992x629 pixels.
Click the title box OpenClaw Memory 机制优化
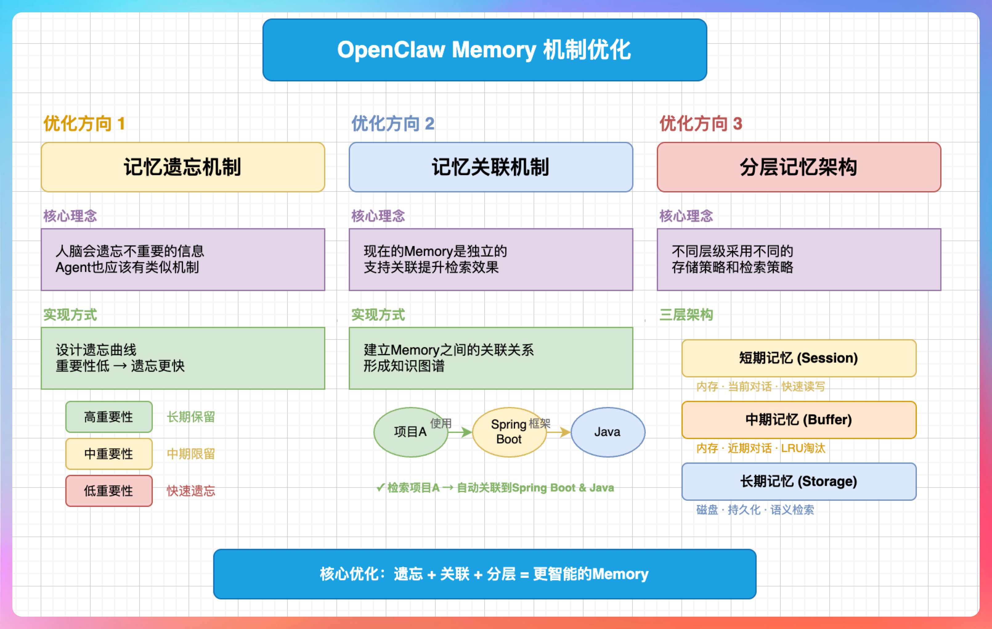485,50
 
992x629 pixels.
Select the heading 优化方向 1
84,124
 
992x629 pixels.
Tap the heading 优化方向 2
392,124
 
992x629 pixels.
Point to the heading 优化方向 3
700,124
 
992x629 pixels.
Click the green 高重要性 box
109,417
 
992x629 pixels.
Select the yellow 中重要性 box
109,454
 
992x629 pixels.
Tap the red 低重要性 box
109,491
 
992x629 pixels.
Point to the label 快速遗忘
191,491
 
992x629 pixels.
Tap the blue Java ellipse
608,432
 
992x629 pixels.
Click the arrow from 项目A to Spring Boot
461,432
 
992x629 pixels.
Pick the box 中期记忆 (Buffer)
799,420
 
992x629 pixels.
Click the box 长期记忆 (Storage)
799,481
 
